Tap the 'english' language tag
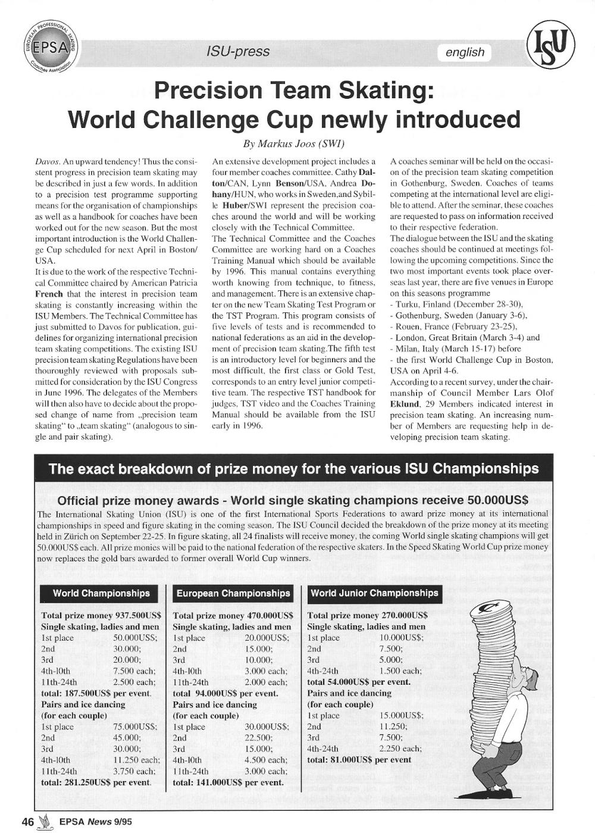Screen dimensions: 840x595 465,52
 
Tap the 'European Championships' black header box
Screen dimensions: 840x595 233,594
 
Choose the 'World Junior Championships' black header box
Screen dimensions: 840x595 374,593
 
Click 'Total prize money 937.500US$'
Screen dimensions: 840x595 99,616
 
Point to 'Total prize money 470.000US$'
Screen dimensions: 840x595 233,616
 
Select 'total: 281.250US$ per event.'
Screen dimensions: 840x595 96,782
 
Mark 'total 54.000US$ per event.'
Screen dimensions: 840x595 359,682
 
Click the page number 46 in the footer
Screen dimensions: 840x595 27,822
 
